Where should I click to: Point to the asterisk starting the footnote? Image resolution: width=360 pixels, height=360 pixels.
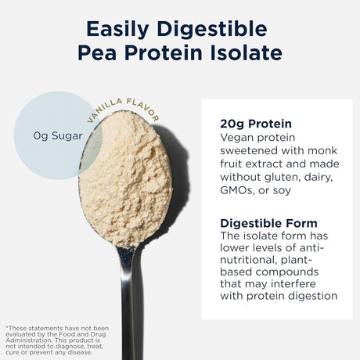[x=7, y=326]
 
